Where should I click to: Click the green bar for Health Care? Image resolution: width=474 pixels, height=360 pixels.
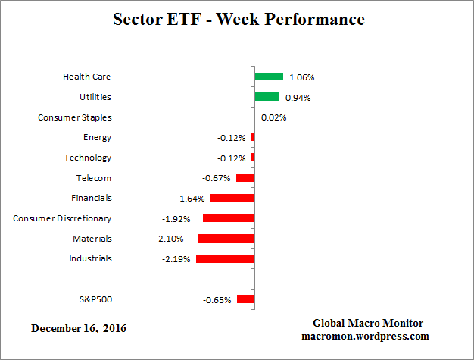(x=269, y=77)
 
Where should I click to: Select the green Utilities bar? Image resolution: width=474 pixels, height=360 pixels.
(x=267, y=97)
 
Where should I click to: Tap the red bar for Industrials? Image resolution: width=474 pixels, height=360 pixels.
(x=225, y=258)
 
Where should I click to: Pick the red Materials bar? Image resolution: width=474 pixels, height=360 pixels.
(x=226, y=238)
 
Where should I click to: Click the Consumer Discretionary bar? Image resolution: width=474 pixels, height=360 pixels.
(x=229, y=218)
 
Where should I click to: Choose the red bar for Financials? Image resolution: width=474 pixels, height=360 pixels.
(x=232, y=198)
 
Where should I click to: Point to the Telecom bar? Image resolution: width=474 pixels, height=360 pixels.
(x=245, y=177)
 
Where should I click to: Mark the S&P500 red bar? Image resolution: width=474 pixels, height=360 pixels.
(x=245, y=299)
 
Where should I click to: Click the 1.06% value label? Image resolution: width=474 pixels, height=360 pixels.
(x=301, y=77)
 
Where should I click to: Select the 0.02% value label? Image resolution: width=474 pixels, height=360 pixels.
(x=273, y=117)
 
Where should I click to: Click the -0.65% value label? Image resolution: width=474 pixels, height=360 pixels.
(x=218, y=299)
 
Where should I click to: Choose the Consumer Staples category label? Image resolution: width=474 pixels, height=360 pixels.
(x=74, y=117)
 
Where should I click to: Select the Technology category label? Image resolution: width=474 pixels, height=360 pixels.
(x=87, y=158)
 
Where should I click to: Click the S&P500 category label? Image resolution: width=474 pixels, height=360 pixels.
(x=95, y=299)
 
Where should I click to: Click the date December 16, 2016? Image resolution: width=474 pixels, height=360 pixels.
(x=79, y=328)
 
